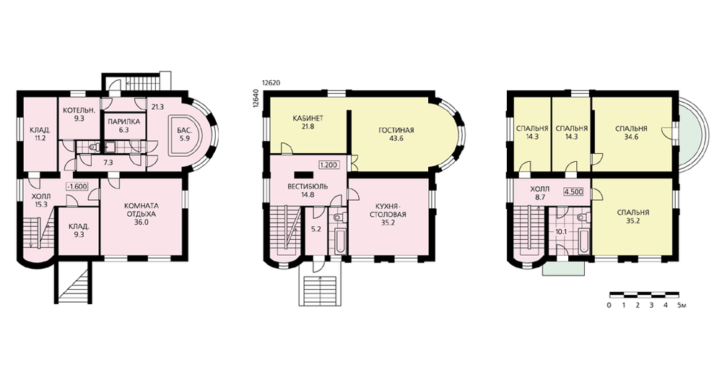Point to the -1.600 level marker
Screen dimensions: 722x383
pyautogui.click(x=77, y=187)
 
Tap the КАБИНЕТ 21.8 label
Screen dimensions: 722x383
pyautogui.click(x=308, y=122)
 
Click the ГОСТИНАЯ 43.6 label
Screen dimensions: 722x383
pyautogui.click(x=396, y=134)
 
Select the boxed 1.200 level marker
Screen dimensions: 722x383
pyautogui.click(x=329, y=165)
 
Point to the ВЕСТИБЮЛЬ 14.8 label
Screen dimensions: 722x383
pyautogui.click(x=308, y=190)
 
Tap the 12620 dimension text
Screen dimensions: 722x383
pyautogui.click(x=271, y=83)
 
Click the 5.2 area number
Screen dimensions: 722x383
pyautogui.click(x=316, y=228)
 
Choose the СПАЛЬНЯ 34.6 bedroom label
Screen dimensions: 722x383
pyautogui.click(x=631, y=133)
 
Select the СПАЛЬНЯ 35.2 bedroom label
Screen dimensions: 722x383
pyautogui.click(x=633, y=217)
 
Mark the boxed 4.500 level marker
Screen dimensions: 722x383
pyautogui.click(x=573, y=191)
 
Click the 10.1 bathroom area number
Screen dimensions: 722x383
pyautogui.click(x=561, y=231)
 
